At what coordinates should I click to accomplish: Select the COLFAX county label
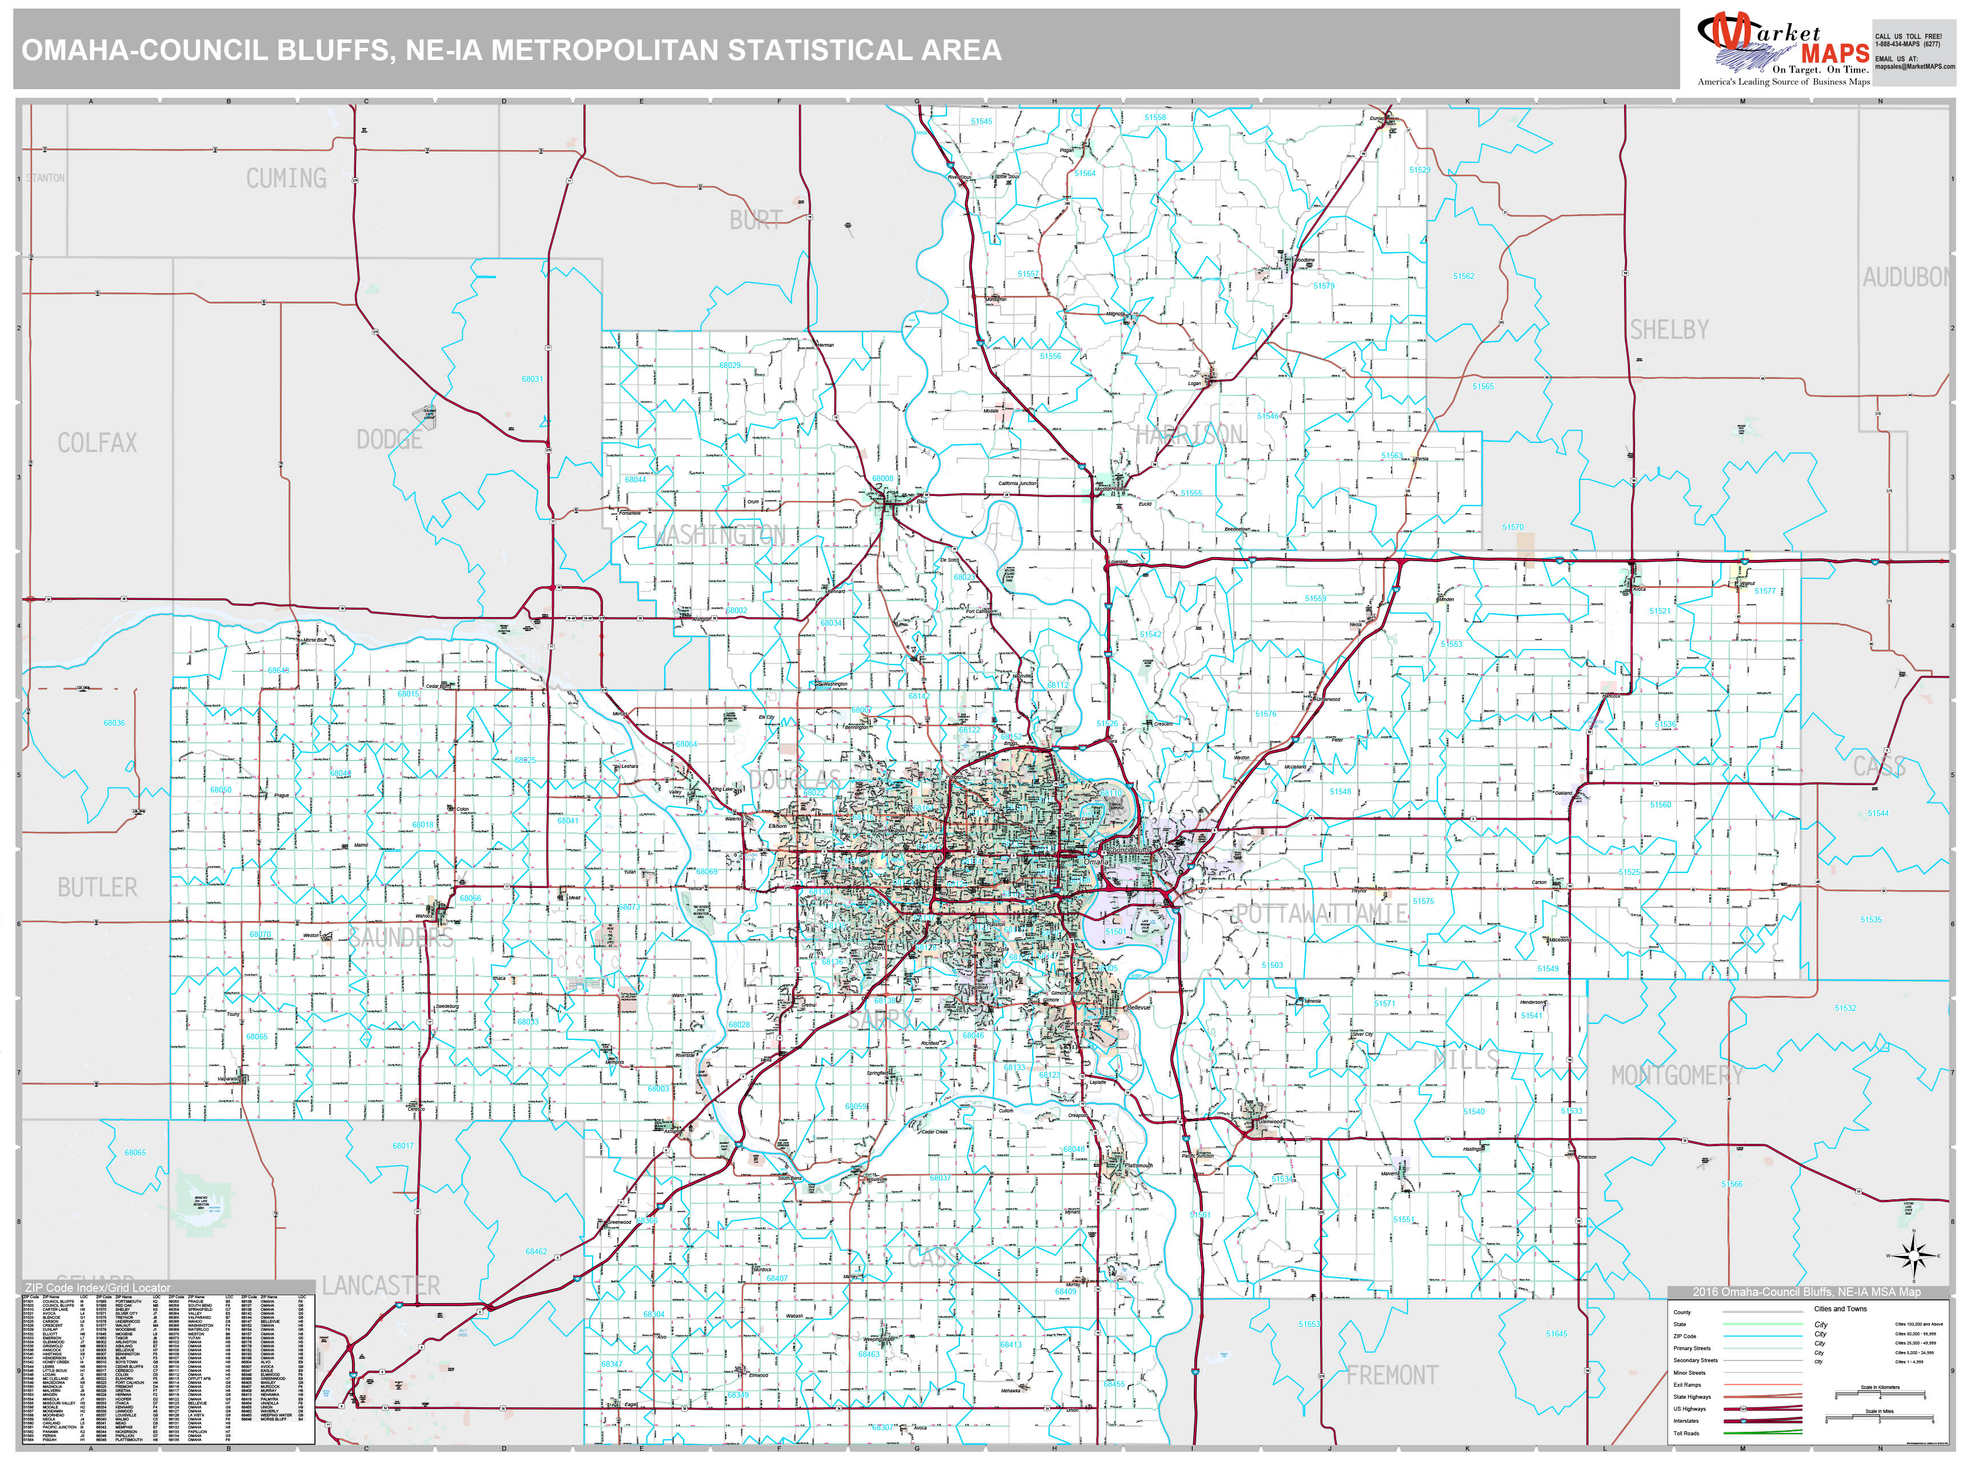(x=97, y=443)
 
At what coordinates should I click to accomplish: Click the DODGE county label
(x=389, y=439)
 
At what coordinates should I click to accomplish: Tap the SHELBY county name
(x=1669, y=330)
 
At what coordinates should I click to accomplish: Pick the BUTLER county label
(x=97, y=887)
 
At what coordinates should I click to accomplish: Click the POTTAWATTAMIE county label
(x=1321, y=913)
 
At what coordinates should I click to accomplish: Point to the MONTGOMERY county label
(x=1677, y=1076)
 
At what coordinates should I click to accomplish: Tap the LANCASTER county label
(x=381, y=1286)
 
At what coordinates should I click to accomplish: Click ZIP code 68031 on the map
(x=532, y=379)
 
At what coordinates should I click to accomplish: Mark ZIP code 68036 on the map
(x=114, y=723)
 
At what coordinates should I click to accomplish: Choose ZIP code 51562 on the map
(x=1464, y=277)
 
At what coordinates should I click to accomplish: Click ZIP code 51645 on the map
(x=1556, y=1334)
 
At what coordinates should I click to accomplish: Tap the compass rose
(x=1913, y=1255)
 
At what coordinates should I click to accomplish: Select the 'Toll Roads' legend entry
(x=1686, y=1433)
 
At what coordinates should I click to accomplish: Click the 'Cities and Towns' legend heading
(x=1840, y=1308)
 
